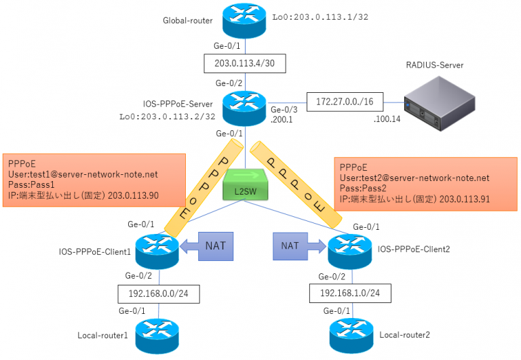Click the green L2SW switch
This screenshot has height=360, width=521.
[246, 187]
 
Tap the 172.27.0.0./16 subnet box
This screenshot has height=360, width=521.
[345, 102]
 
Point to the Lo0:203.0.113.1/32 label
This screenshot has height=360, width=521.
[311, 17]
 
